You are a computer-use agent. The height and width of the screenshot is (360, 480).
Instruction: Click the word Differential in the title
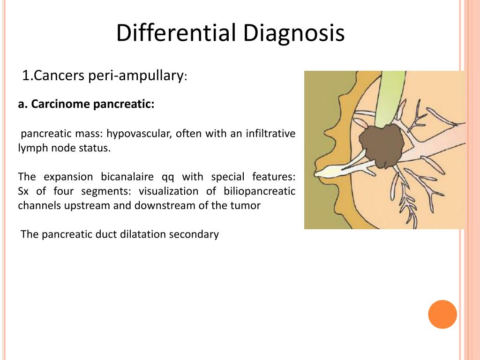pyautogui.click(x=176, y=33)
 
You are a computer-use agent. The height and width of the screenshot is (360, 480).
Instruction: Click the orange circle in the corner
pyautogui.click(x=442, y=314)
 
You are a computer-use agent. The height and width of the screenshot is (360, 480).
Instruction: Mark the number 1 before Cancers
pyautogui.click(x=25, y=75)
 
